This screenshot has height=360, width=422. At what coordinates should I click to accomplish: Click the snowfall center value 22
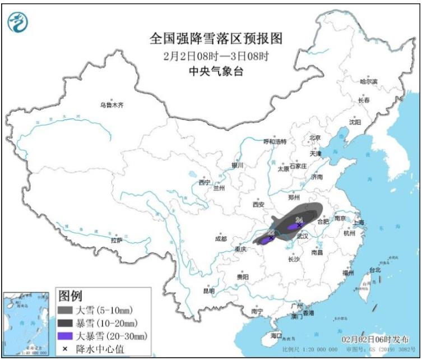pyautogui.click(x=271, y=232)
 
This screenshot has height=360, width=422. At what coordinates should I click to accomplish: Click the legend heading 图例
pyautogui.click(x=71, y=296)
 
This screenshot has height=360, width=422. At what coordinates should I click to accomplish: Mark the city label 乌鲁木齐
pyautogui.click(x=111, y=104)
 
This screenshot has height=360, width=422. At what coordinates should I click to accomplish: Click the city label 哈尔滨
pyautogui.click(x=368, y=81)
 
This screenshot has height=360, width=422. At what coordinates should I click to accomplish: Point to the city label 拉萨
pyautogui.click(x=116, y=240)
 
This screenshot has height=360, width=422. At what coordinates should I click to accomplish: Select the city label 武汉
pyautogui.click(x=303, y=237)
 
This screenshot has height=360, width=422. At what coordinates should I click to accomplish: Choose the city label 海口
pyautogui.click(x=276, y=335)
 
